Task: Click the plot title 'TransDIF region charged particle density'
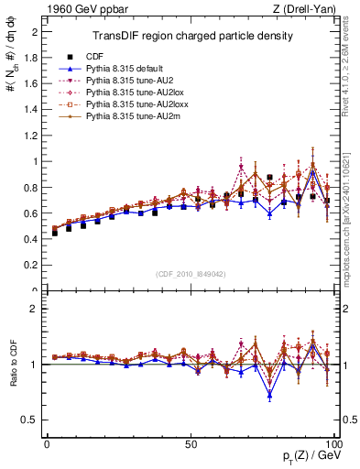[192, 37]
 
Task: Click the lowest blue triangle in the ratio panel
[269, 396]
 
